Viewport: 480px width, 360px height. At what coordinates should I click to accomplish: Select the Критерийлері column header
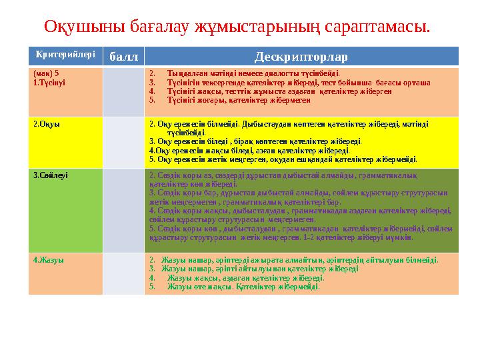(x=65, y=54)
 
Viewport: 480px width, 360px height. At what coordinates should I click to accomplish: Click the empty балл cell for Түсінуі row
(x=123, y=91)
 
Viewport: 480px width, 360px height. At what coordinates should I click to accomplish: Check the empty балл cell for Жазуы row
(x=123, y=273)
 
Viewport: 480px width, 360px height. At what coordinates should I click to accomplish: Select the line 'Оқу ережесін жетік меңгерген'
(x=283, y=160)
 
